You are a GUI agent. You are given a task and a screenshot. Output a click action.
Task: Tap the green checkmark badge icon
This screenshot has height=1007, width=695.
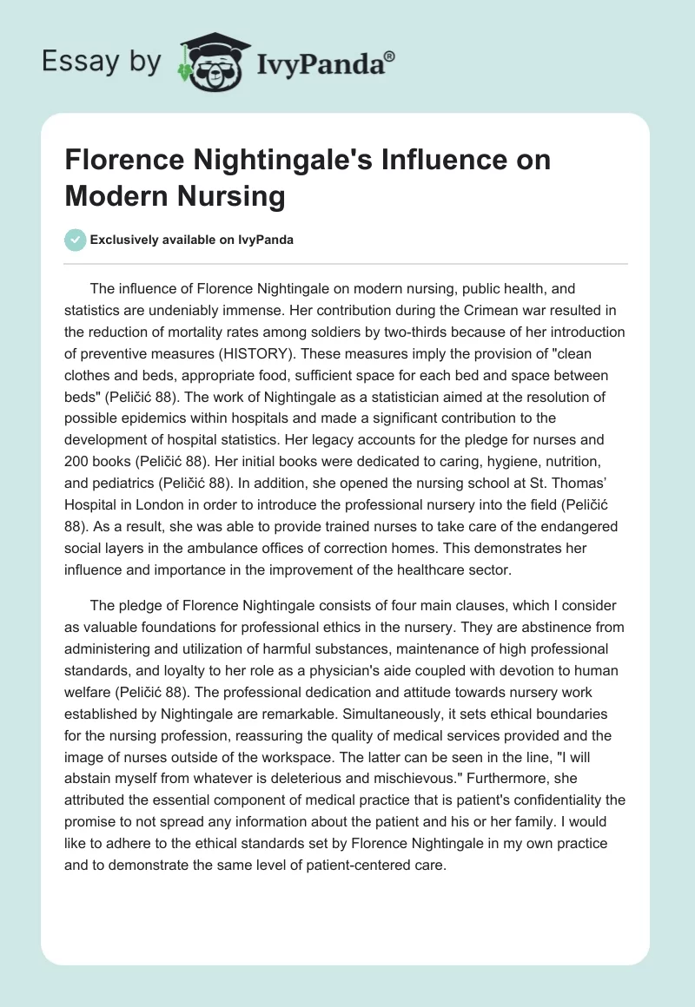[x=76, y=240]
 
